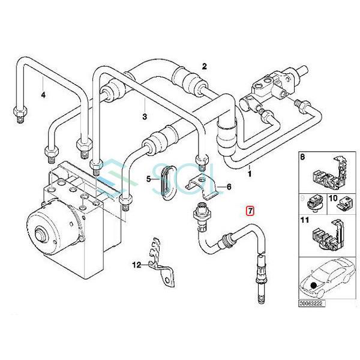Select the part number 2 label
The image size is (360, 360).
click(204, 66)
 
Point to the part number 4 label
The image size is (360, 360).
click(43, 94)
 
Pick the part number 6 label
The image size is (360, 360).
click(228, 187)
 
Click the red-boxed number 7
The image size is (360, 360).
click(250, 210)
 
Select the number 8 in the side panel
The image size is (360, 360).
click(302, 158)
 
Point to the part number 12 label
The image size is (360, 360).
click(136, 264)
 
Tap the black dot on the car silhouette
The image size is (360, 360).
click(314, 283)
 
